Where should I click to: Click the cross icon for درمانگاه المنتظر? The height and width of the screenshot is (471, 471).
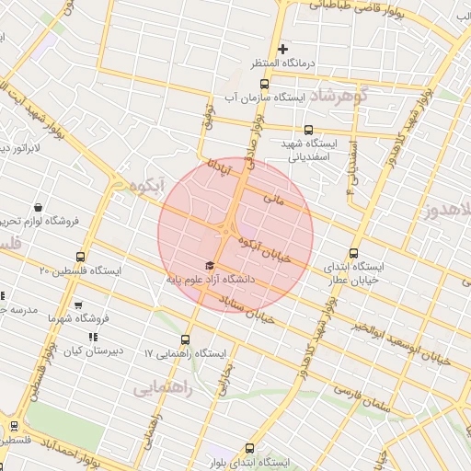click(x=283, y=49)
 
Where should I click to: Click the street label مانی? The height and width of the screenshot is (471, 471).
click(x=273, y=198)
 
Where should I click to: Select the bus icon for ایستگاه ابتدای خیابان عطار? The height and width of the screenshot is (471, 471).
click(x=355, y=254)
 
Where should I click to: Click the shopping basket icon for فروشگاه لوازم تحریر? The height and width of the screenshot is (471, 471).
click(x=38, y=208)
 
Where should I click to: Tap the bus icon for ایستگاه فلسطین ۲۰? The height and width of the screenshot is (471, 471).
click(x=81, y=258)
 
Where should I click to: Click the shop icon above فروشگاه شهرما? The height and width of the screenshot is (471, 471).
click(x=78, y=304)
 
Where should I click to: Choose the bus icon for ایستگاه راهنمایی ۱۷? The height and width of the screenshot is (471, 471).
click(x=187, y=339)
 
